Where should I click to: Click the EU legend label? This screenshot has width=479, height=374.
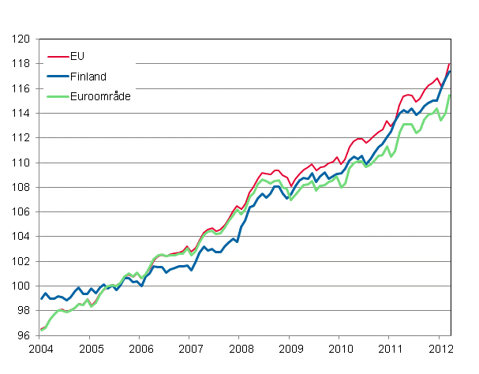point(76,57)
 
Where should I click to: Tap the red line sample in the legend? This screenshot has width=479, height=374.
point(57,57)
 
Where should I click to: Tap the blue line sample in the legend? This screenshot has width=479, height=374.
point(57,76)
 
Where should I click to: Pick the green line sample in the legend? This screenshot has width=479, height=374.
point(57,95)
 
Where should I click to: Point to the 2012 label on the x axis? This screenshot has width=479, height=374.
point(440,349)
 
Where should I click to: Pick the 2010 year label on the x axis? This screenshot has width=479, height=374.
point(340,349)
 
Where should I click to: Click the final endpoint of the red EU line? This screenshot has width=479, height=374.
point(450,64)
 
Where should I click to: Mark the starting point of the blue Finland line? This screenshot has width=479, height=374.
point(41,298)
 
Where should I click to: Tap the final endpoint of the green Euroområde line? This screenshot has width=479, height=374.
point(450,95)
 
